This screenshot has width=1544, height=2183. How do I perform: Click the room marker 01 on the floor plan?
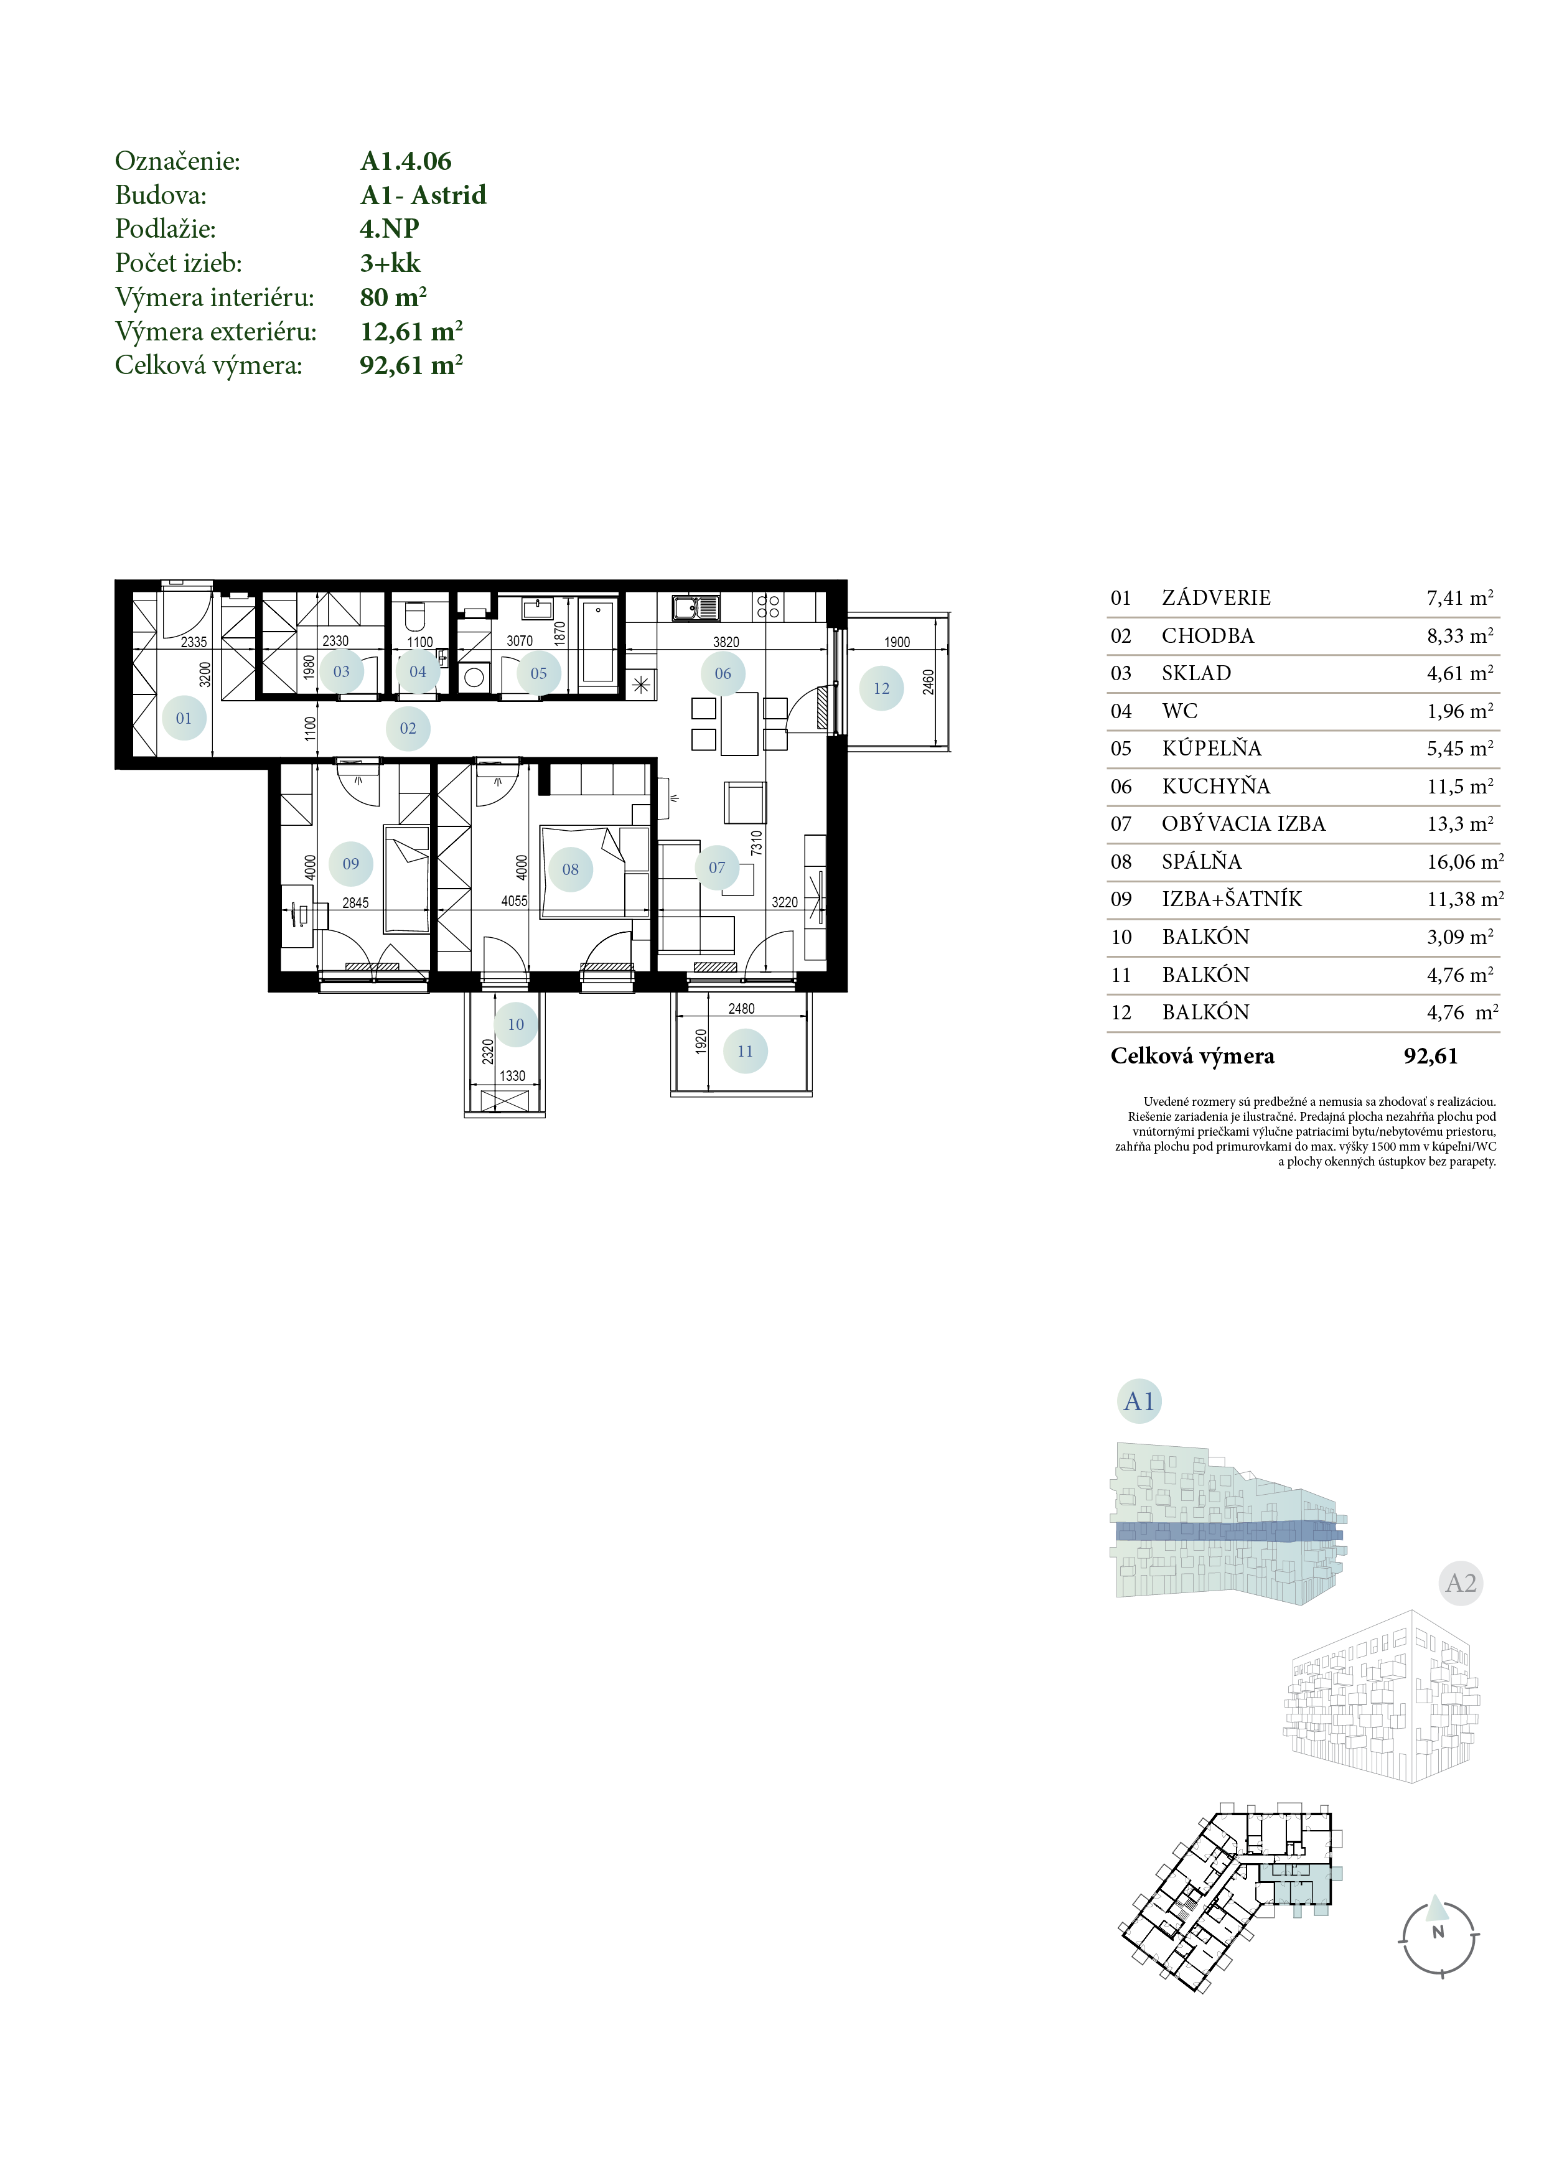[x=184, y=718]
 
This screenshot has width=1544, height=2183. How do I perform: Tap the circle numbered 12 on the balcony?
[x=881, y=688]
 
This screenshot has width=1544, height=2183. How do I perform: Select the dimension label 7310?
[x=757, y=843]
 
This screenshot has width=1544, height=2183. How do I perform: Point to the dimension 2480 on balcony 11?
[x=742, y=1009]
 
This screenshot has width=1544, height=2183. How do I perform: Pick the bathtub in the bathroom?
[x=598, y=641]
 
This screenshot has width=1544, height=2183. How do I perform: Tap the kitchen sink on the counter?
[x=696, y=607]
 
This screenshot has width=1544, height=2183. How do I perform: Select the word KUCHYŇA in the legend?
[x=1216, y=787]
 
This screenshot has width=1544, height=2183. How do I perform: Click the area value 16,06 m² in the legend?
[x=1465, y=861]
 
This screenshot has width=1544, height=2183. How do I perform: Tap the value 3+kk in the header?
[x=390, y=263]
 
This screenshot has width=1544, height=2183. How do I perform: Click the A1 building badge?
[x=1139, y=1401]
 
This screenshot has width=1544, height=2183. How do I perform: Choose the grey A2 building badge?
[x=1461, y=1583]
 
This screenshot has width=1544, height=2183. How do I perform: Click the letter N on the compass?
[x=1438, y=1932]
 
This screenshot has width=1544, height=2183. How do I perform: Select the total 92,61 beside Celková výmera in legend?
[x=1431, y=1056]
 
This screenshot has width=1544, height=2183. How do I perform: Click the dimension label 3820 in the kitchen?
[x=726, y=642]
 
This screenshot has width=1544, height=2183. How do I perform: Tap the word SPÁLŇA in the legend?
[x=1202, y=861]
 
